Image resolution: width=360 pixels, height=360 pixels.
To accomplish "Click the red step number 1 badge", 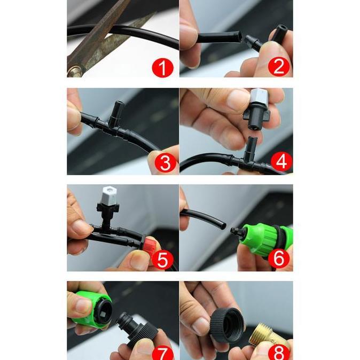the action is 162,67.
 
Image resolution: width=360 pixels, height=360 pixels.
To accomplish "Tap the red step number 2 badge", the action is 279,66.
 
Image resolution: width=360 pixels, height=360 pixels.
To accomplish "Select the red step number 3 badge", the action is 165,162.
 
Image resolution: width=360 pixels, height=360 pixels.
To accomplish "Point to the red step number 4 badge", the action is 281,161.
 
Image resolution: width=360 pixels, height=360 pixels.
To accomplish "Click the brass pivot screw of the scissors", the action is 75,71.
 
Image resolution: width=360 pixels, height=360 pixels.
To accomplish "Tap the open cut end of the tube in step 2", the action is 239,37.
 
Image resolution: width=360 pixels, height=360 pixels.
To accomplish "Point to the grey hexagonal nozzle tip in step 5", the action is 109,195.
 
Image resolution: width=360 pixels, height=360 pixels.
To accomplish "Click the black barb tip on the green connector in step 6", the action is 236,230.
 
